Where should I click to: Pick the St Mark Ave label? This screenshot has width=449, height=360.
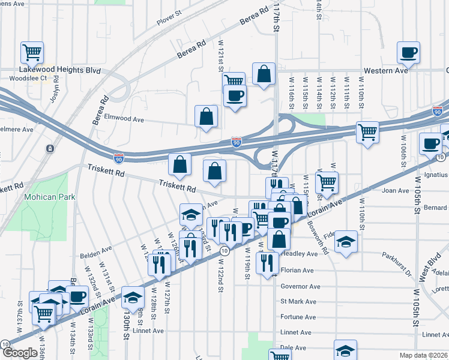[298, 302]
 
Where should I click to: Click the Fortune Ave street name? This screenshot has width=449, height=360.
[298, 317]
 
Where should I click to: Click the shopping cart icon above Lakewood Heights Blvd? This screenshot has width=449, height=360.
[32, 51]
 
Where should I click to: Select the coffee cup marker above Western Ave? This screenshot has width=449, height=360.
[408, 52]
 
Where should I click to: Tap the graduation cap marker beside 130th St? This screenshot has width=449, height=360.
[133, 296]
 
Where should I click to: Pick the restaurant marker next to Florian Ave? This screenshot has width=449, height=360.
[267, 262]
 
